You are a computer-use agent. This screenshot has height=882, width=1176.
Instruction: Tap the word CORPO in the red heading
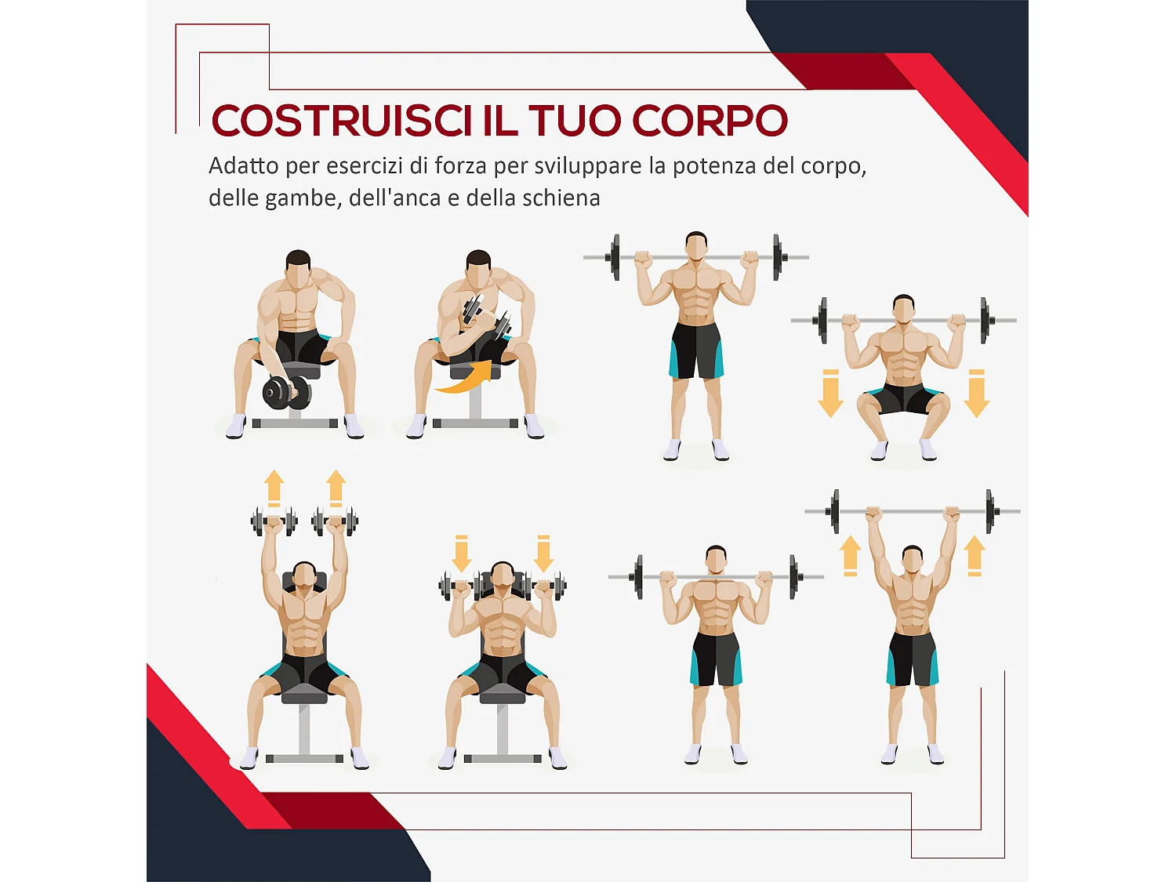click(710, 121)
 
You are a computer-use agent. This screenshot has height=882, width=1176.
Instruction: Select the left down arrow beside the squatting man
click(830, 393)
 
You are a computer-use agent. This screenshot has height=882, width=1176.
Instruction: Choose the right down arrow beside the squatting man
click(976, 393)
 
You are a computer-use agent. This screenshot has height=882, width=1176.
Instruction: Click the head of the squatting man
click(904, 309)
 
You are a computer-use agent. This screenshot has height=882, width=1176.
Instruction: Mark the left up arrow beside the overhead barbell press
click(851, 556)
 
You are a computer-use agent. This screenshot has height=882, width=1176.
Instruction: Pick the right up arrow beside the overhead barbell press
click(975, 556)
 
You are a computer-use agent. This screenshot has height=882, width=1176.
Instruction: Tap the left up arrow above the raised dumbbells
click(274, 488)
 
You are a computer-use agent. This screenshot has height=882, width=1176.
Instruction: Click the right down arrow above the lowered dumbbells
click(543, 554)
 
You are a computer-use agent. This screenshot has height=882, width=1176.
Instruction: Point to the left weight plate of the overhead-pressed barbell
click(835, 511)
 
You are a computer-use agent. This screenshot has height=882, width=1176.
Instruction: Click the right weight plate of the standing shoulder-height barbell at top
click(777, 256)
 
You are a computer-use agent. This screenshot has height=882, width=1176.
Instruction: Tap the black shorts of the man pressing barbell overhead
click(912, 657)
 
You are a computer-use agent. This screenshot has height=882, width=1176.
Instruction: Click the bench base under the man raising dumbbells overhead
click(304, 758)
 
